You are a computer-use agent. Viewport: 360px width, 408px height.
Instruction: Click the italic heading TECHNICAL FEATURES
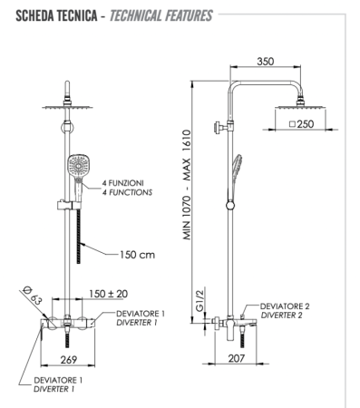161,16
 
